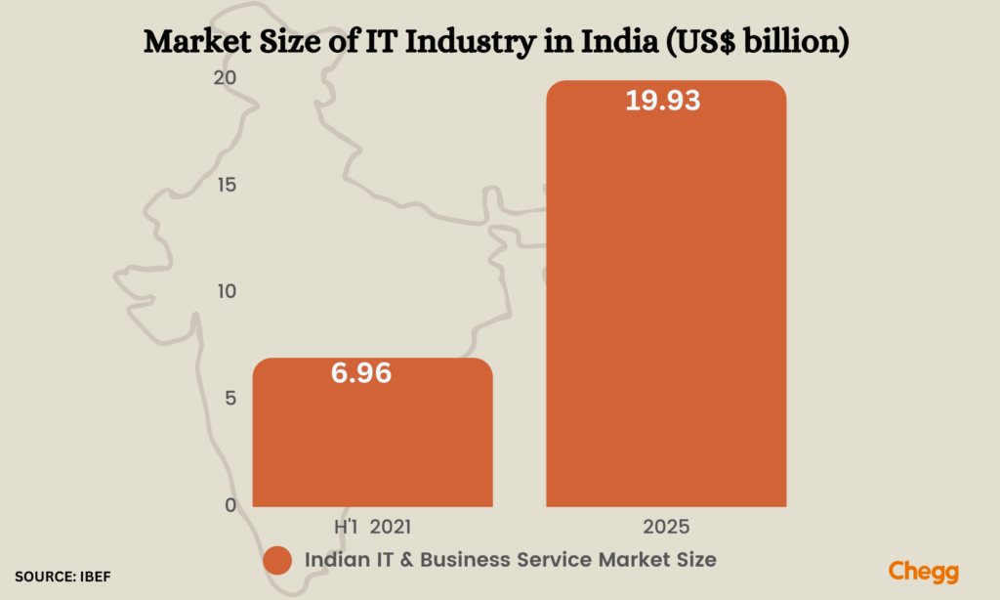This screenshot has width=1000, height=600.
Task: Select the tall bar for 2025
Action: click(666, 293)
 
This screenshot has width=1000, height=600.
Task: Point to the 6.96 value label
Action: click(358, 372)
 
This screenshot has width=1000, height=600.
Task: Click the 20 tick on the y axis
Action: click(225, 79)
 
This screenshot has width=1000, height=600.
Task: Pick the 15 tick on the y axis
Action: click(226, 186)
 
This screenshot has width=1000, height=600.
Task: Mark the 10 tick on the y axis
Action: click(226, 292)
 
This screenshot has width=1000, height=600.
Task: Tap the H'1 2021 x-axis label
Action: click(372, 528)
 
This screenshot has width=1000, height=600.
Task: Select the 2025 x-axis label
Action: click(666, 528)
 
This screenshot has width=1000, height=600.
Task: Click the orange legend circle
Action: click(278, 560)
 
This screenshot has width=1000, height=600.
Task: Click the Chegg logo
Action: click(924, 572)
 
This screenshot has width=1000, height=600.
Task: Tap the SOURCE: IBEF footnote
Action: click(62, 578)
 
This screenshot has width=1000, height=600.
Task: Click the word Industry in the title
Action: click(465, 42)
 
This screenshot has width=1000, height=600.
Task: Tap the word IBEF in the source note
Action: click(95, 578)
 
